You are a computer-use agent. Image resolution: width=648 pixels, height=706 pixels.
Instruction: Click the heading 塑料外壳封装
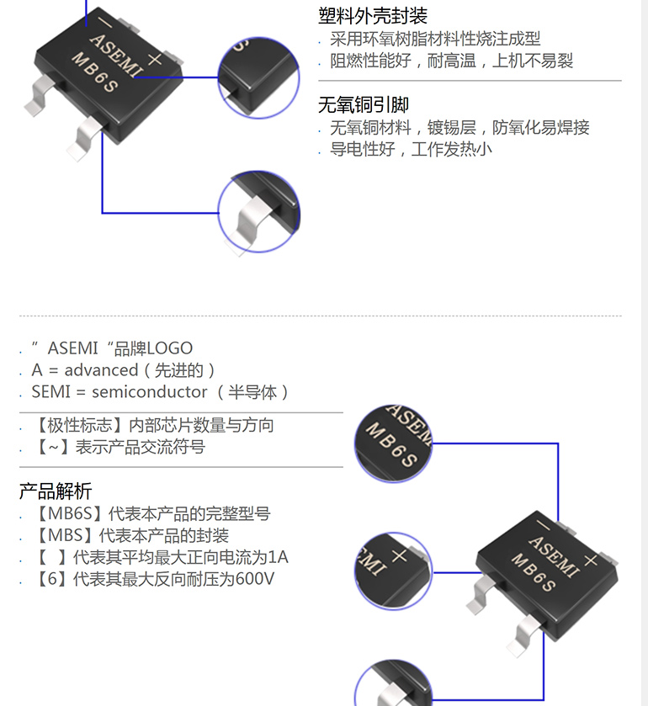373,16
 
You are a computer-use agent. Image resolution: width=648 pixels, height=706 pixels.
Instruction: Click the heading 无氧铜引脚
364,105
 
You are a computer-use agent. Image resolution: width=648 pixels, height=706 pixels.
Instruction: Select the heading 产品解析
56,491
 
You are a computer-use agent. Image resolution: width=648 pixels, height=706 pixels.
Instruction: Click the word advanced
101,370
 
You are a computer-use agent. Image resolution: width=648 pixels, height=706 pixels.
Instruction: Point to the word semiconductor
149,392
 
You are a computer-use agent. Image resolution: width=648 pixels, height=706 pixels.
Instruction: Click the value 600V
255,579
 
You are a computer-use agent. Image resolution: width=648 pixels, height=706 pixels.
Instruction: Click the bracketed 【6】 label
50,579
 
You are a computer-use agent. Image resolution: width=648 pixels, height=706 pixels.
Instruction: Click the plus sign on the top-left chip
155,58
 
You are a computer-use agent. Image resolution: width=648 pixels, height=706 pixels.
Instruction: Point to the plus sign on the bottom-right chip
591,560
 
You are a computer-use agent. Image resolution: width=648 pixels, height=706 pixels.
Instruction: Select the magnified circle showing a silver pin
258,212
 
